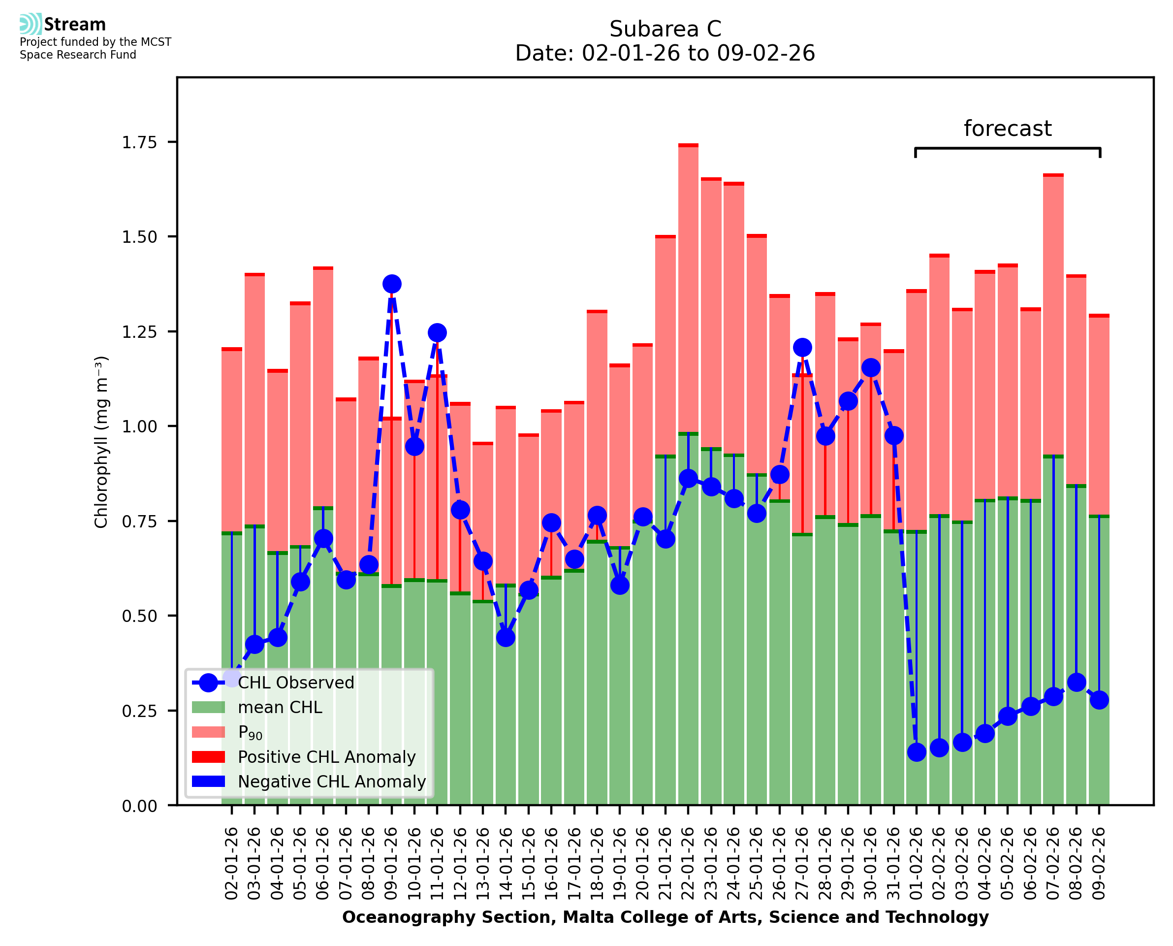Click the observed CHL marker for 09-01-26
click(391, 284)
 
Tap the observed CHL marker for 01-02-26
click(917, 752)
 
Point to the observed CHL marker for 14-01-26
click(506, 637)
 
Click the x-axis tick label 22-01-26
click(688, 863)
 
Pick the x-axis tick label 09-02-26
click(1099, 863)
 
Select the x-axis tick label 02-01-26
click(231, 863)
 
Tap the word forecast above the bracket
click(1008, 129)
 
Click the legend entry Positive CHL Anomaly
click(326, 757)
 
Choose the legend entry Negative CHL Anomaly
click(331, 782)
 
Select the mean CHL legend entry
click(280, 707)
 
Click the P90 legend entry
click(250, 732)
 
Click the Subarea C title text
click(665, 29)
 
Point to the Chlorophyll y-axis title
click(101, 442)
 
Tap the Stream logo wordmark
click(75, 25)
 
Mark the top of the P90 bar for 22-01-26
click(688, 145)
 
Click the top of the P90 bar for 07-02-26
click(1053, 175)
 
